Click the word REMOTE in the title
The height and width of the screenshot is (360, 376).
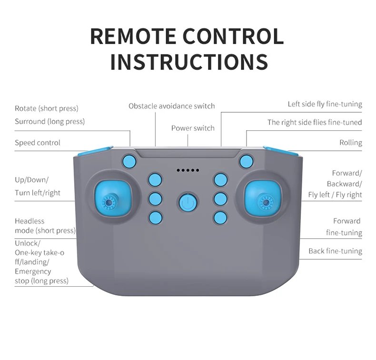coord(136,37)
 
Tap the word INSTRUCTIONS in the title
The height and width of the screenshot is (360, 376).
coord(188,62)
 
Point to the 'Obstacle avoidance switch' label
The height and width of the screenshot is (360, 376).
coord(171,106)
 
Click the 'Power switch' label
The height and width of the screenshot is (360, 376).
coord(193,128)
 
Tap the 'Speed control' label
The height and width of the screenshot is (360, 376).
coord(38,143)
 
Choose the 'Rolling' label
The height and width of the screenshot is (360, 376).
coord(350,143)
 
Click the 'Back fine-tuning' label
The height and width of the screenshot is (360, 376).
coord(335,251)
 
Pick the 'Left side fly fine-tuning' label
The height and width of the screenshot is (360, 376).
coord(325,104)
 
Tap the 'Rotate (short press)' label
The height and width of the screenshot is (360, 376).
coord(47,109)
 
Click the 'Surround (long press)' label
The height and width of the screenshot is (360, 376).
coord(49,121)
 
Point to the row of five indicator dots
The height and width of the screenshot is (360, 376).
coord(188,170)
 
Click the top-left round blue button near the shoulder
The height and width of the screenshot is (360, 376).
coord(129,161)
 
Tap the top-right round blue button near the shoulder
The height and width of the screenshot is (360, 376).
coord(246,161)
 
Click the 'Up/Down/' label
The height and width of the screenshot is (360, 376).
coord(31,180)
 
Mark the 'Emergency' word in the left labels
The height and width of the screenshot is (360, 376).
coord(33,272)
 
